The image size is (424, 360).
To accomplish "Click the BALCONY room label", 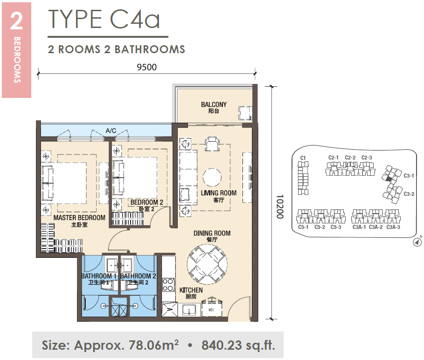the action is coord(214,104).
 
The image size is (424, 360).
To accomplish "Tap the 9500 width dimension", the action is coord(146,67).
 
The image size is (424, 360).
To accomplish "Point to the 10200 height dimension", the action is coord(280,207).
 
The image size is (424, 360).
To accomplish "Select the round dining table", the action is coord(207,264).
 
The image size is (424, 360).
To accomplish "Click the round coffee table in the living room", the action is coord(212,177).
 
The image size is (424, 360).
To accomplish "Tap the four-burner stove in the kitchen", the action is coord(168,284).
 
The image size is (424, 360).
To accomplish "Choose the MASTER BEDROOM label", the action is coord(79,218).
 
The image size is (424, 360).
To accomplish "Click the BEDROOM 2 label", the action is coord(146,202).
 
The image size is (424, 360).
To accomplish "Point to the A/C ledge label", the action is coord(111,131).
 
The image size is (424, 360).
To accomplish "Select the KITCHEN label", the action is coord(191,290).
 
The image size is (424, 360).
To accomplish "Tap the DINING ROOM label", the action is coord(212,233).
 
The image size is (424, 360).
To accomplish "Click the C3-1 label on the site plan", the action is coord(409,176).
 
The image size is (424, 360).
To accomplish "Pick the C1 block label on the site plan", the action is coord(303,158).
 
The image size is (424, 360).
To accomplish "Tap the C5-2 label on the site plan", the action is coord(320,227).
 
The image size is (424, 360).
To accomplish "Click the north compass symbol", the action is coord(417,242).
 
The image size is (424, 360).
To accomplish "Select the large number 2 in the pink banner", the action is coord(16,21).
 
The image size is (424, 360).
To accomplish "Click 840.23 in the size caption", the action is coord(222,345).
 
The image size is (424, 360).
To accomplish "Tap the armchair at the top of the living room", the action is coord(212,144).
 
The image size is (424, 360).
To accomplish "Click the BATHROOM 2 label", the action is coord(138,276).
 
